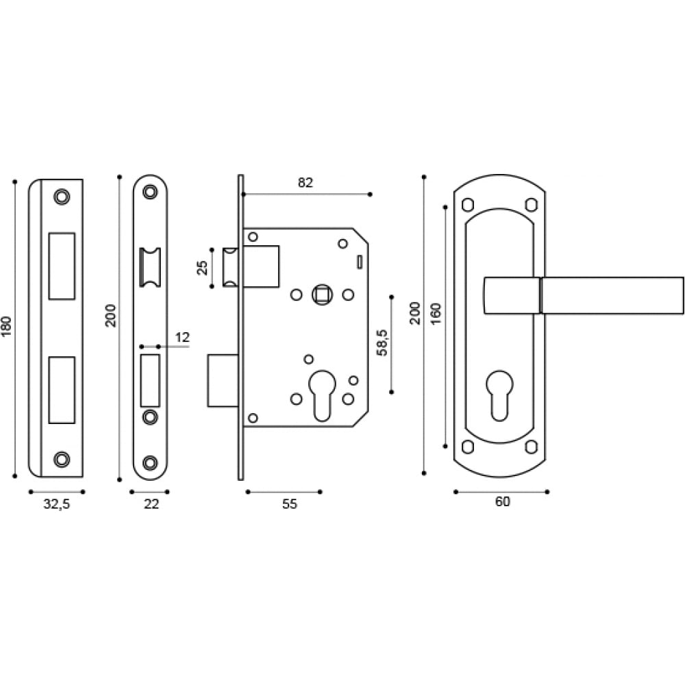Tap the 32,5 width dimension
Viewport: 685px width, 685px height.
(57, 504)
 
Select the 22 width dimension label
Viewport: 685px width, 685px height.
(151, 504)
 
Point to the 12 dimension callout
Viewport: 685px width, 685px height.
(183, 337)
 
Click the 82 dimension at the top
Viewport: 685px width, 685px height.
(306, 183)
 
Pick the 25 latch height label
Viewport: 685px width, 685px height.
(202, 268)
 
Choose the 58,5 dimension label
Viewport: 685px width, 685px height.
(382, 343)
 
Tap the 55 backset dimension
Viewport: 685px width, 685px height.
(289, 504)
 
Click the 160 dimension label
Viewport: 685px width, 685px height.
(436, 313)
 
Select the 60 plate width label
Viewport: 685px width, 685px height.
(502, 501)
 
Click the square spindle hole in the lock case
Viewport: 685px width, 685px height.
(322, 295)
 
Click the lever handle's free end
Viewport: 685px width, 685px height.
(682, 295)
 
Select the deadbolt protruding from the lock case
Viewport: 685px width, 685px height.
(223, 380)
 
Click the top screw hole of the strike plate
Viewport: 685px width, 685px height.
(62, 197)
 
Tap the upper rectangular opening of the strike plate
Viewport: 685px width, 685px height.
(62, 266)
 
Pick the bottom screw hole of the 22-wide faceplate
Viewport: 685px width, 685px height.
(150, 462)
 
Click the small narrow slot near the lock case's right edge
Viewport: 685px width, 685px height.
(360, 262)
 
